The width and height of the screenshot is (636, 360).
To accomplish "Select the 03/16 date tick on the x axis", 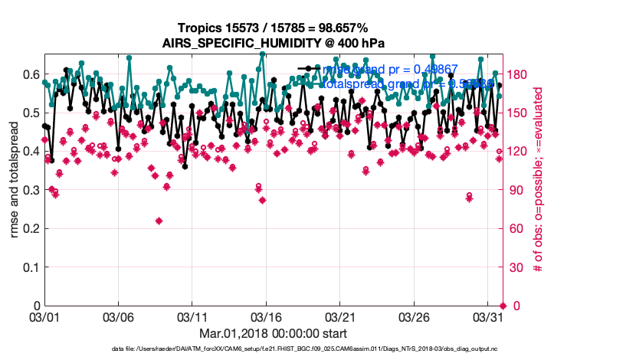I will pos(266,316).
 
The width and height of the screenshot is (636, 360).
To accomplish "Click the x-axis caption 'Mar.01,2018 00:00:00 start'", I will pos(273,333).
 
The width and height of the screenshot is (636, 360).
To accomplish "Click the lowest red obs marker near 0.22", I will pos(159,221).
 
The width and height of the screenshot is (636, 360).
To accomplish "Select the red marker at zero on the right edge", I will pos(503,306).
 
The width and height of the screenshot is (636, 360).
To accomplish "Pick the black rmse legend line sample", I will pos(309,69).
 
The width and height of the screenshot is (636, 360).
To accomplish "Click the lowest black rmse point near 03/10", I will pos(185,166).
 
